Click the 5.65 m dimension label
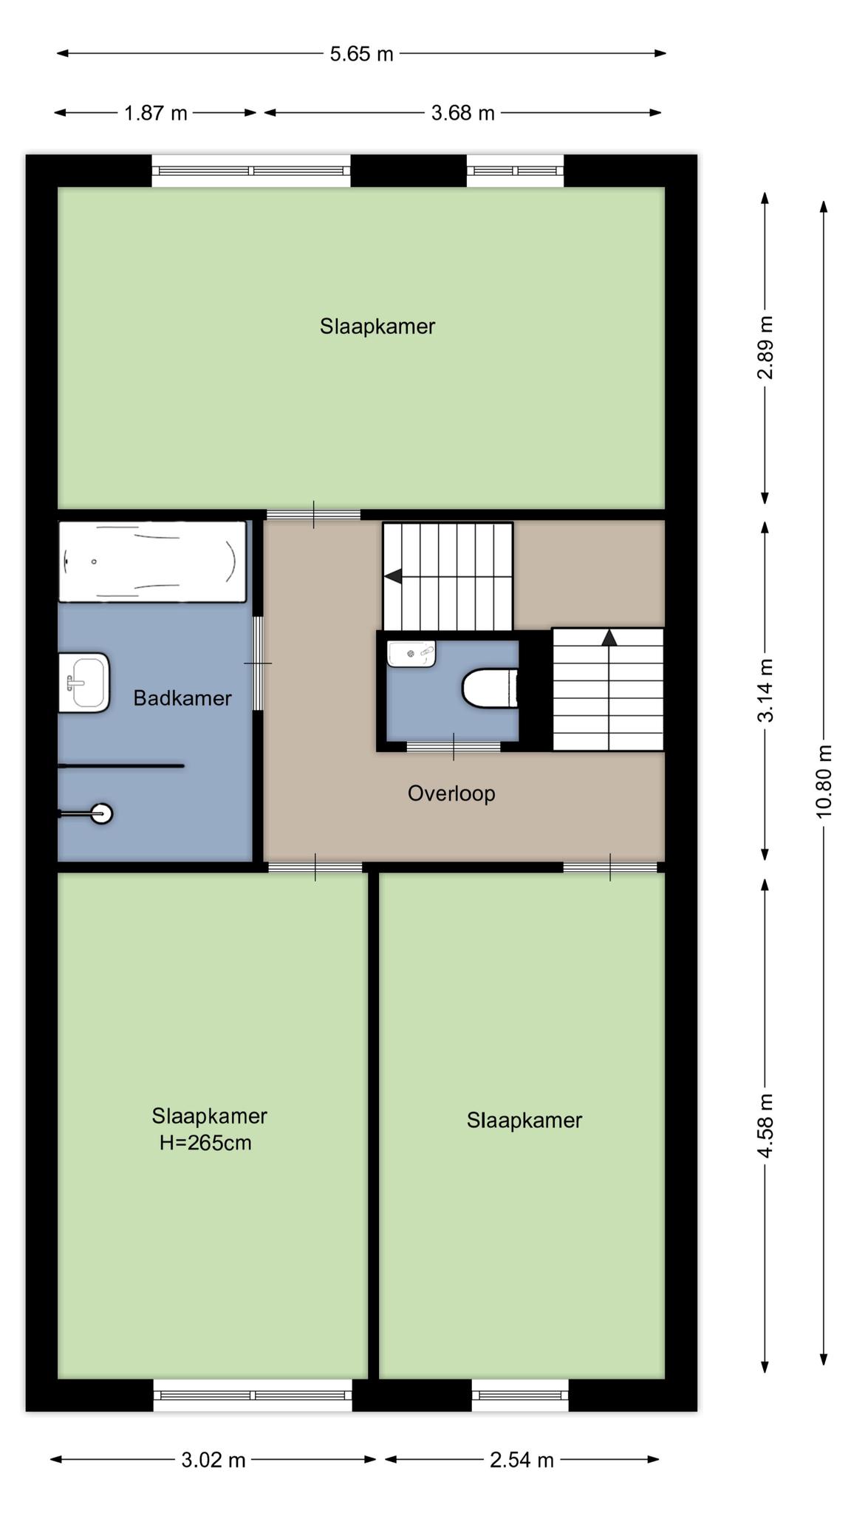(x=361, y=54)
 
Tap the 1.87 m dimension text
(x=156, y=113)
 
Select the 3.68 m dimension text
(x=463, y=113)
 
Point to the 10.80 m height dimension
(x=824, y=780)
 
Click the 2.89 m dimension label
(x=765, y=347)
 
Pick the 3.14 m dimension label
(x=765, y=690)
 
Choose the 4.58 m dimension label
(x=765, y=1126)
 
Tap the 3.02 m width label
(x=213, y=1460)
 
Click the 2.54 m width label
(x=522, y=1460)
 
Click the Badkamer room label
(x=182, y=698)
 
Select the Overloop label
(x=451, y=793)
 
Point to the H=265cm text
(x=205, y=1143)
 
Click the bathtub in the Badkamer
(x=152, y=561)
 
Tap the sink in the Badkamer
(x=84, y=683)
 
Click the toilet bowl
(x=490, y=689)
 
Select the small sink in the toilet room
(x=411, y=654)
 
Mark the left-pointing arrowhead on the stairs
(x=393, y=576)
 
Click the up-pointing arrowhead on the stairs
(x=609, y=638)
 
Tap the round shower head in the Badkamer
(x=101, y=813)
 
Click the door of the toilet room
(x=454, y=746)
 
